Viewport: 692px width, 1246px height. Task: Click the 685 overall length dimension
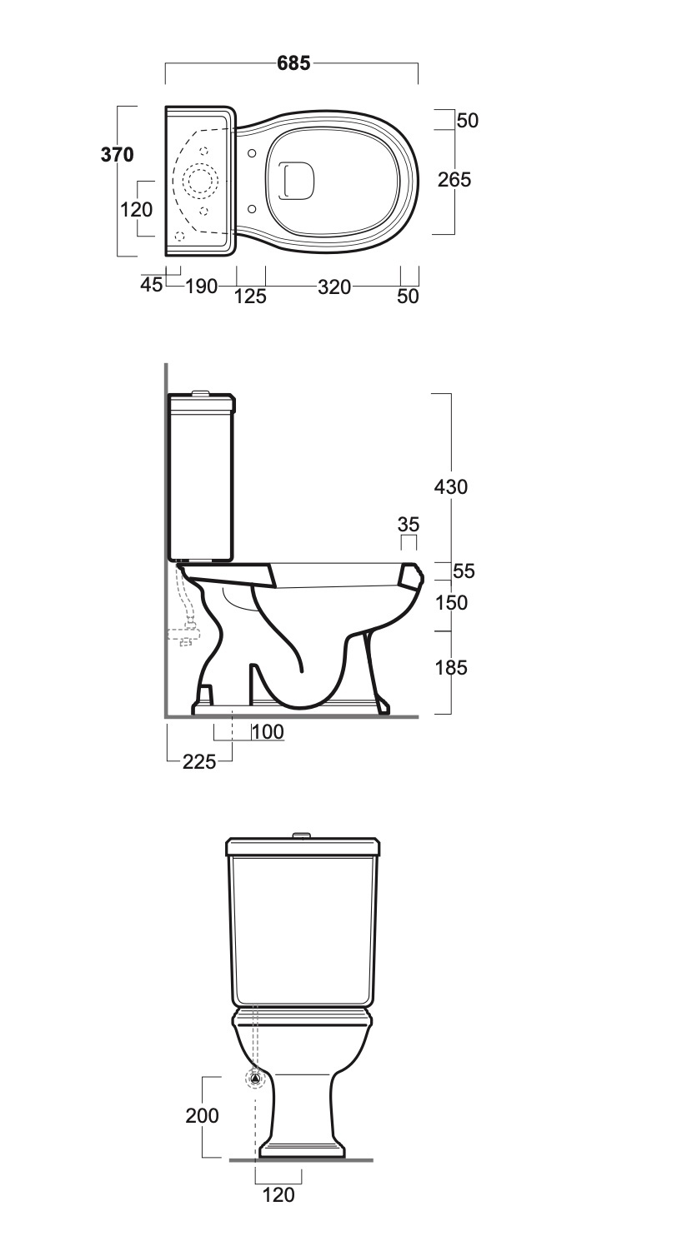coord(293,63)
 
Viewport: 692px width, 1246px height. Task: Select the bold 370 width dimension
coord(117,154)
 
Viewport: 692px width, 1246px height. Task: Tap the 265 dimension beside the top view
coord(454,180)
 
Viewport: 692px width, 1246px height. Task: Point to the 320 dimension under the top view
coord(334,287)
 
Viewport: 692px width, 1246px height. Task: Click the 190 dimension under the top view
coord(201,287)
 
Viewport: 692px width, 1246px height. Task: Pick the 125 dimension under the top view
coord(250,297)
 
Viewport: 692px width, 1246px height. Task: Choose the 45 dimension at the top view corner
coord(152,285)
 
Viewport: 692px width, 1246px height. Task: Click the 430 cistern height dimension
coord(451,486)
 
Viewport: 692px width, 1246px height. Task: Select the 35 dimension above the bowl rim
coord(409,524)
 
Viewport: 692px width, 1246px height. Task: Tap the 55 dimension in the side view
coord(464,571)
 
